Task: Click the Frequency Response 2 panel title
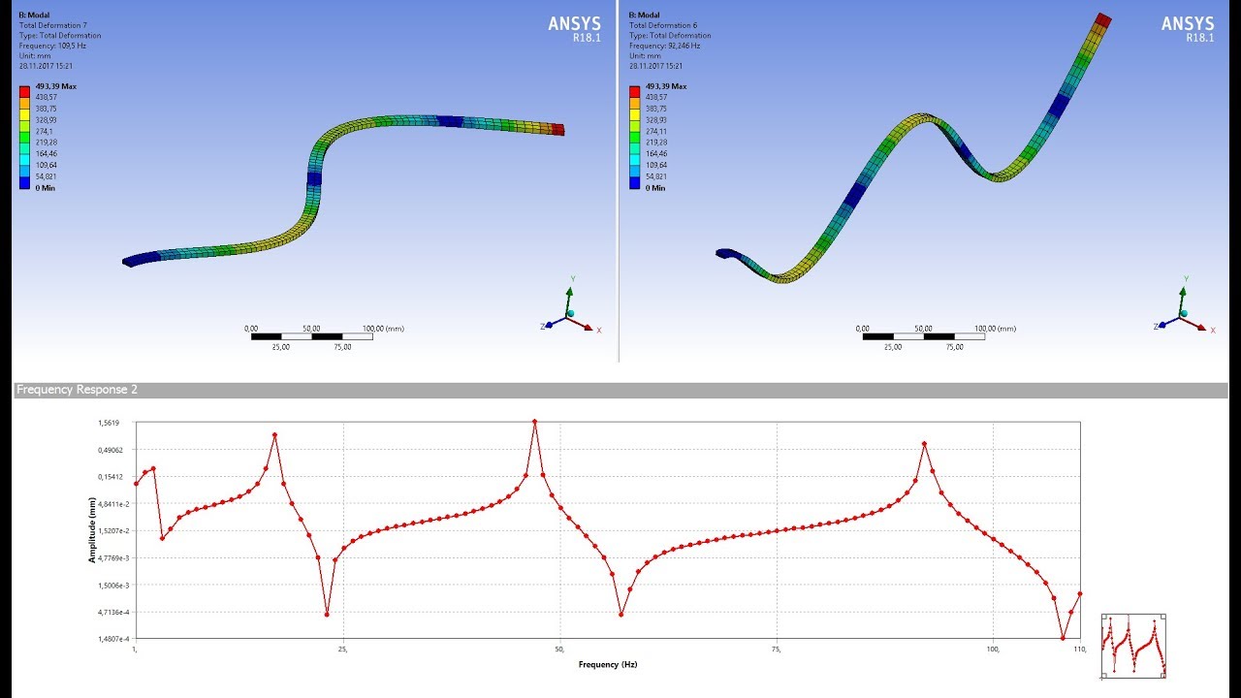pyautogui.click(x=77, y=390)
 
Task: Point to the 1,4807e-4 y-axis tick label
pyautogui.click(x=109, y=639)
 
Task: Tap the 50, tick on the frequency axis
pyautogui.click(x=559, y=649)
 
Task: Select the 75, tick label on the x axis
pyautogui.click(x=777, y=649)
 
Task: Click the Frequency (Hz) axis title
pyautogui.click(x=607, y=664)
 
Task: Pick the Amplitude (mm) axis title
pyautogui.click(x=92, y=530)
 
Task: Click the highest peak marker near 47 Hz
pyautogui.click(x=535, y=422)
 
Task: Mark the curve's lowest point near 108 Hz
pyautogui.click(x=1063, y=639)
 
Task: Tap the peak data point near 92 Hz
pyautogui.click(x=925, y=444)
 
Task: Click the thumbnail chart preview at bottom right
pyautogui.click(x=1133, y=646)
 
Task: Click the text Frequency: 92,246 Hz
pyautogui.click(x=664, y=46)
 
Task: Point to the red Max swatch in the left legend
pyautogui.click(x=24, y=92)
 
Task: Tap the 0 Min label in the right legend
pyautogui.click(x=656, y=188)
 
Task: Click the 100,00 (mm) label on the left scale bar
pyautogui.click(x=382, y=329)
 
